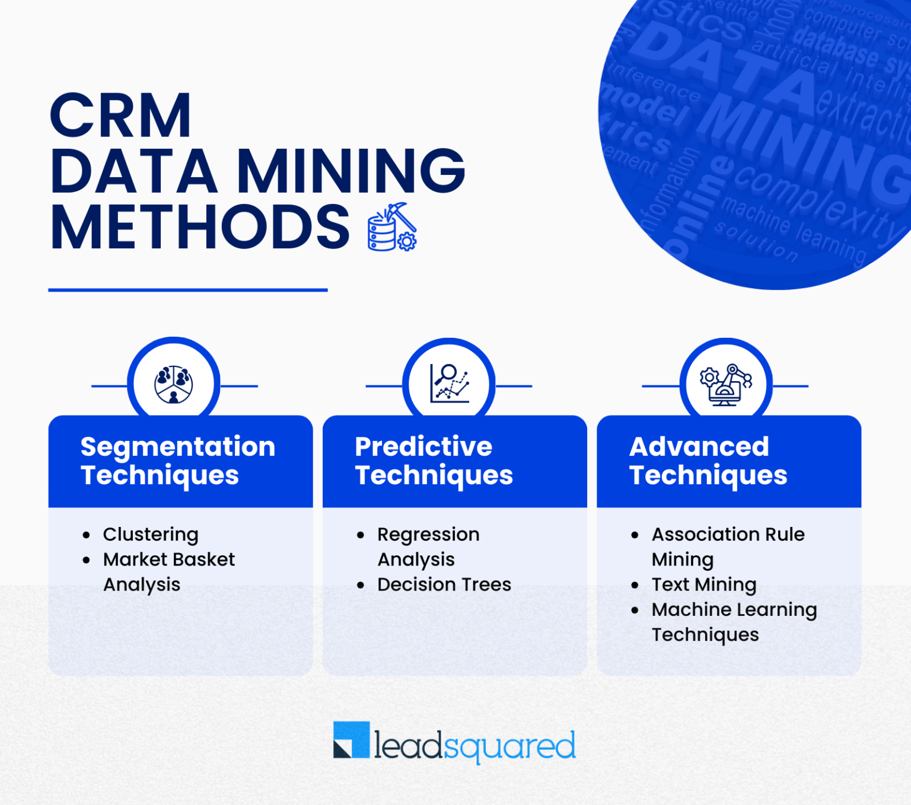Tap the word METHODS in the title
[x=200, y=227]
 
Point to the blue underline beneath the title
[x=187, y=290]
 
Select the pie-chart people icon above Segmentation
[x=174, y=384]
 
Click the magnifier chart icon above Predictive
[x=449, y=384]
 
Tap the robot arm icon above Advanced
[x=725, y=384]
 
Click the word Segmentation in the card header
[x=178, y=447]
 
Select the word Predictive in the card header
[x=423, y=447]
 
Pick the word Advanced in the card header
[x=699, y=447]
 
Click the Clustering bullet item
[x=151, y=535]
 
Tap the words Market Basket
[x=169, y=560]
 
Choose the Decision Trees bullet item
[x=444, y=584]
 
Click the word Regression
[x=428, y=535]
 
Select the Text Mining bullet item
[x=704, y=584]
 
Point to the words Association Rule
[x=728, y=535]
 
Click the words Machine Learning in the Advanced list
[x=734, y=609]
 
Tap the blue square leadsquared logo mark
[x=351, y=739]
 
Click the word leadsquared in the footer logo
[x=474, y=746]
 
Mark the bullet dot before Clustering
[x=87, y=535]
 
